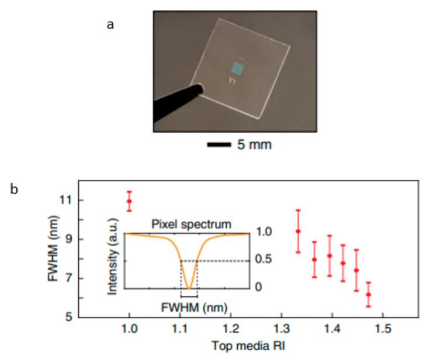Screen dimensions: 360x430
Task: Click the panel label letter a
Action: pos(110,25)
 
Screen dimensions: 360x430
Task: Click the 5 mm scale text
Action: pos(254,144)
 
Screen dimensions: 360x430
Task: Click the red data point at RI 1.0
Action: pos(129,202)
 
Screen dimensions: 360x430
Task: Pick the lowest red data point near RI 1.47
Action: pos(368,295)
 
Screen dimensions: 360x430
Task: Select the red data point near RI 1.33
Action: pos(298,231)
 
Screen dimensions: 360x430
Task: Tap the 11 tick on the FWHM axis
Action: pos(66,200)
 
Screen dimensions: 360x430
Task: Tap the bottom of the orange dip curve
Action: pos(188,288)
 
